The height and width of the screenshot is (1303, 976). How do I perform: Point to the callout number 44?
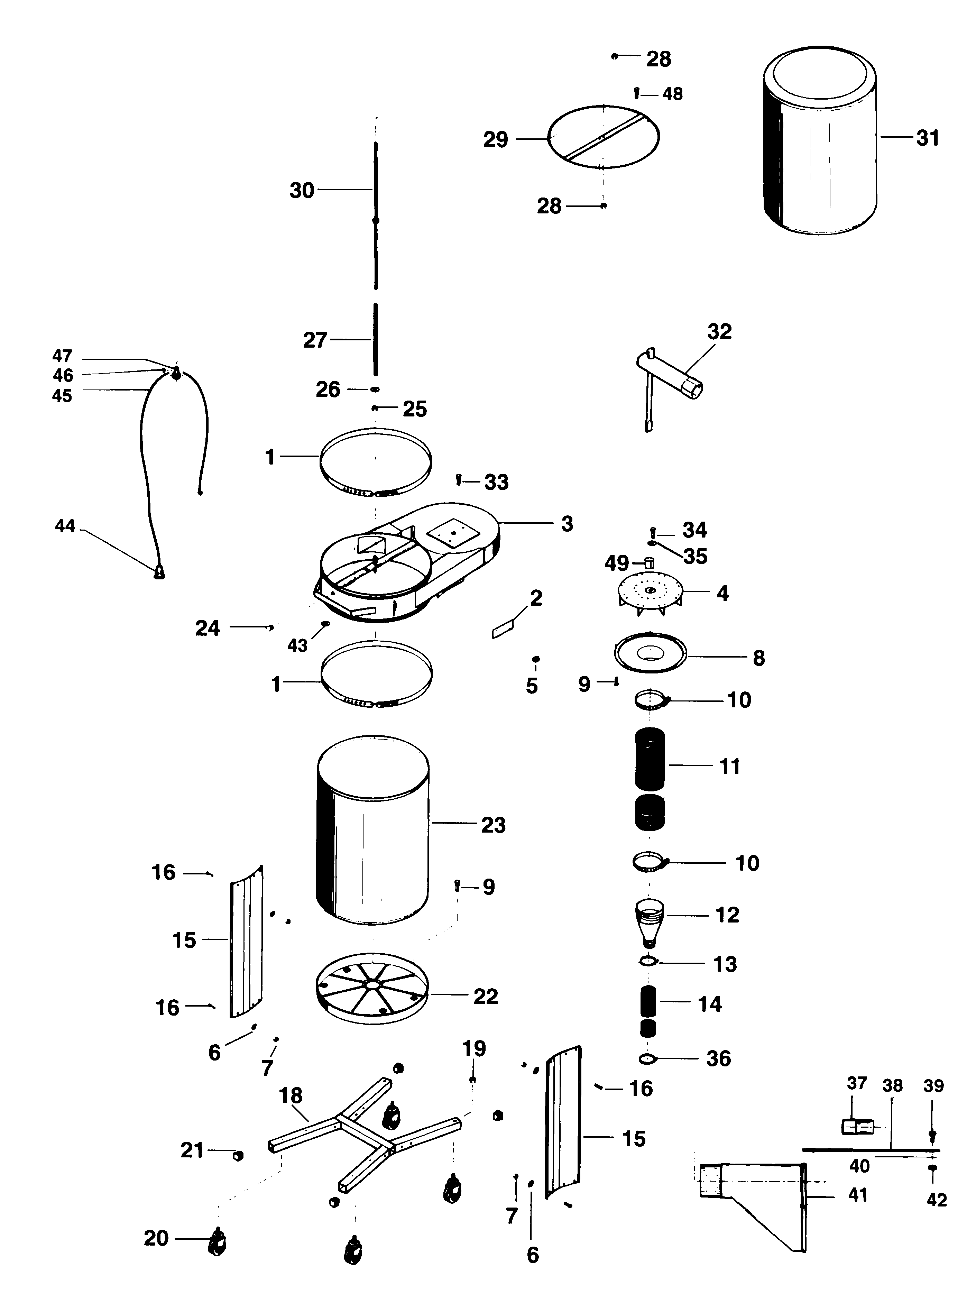65,525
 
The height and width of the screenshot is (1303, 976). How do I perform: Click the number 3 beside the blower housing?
567,524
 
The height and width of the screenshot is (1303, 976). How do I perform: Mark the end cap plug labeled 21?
238,1155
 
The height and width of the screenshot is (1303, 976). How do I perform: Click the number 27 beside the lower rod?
314,340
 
